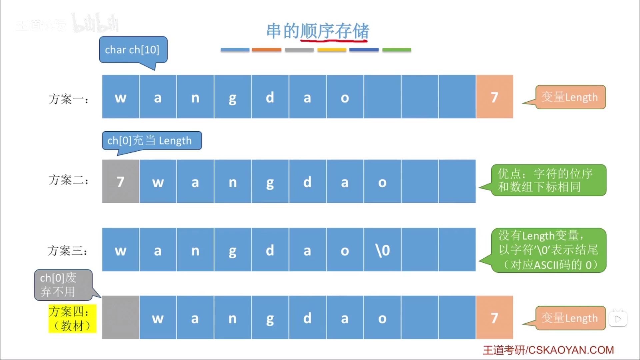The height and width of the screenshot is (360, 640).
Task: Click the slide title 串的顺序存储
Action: tap(318, 31)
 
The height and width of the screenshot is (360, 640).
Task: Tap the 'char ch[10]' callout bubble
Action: tap(133, 50)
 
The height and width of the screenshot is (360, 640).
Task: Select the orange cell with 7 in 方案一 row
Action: tap(494, 97)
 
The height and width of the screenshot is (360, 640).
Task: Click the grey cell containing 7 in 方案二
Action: tap(120, 181)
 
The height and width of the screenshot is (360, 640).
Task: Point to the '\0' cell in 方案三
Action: tap(382, 250)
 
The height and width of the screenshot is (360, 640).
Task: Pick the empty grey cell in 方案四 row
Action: tap(120, 317)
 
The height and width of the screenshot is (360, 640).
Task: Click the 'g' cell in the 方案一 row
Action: tap(232, 97)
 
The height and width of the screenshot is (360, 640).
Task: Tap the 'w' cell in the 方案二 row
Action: tap(158, 181)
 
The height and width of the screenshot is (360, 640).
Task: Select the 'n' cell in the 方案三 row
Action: tap(195, 250)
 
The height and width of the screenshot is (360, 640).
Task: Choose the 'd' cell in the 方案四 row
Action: tap(307, 317)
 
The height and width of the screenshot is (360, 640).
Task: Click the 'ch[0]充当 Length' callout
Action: tap(152, 141)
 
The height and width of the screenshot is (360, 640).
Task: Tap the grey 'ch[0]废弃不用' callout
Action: tap(63, 285)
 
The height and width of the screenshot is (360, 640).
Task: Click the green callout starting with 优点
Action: tap(548, 180)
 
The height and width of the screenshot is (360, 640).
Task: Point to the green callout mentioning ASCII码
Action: tap(548, 250)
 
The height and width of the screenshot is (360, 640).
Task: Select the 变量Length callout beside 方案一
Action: tap(570, 97)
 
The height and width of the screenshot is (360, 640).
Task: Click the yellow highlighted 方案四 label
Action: tap(72, 318)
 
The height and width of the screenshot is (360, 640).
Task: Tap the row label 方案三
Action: tap(68, 250)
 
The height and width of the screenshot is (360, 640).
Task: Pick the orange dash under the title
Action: tap(266, 50)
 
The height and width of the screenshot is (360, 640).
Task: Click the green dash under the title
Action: tap(396, 50)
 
